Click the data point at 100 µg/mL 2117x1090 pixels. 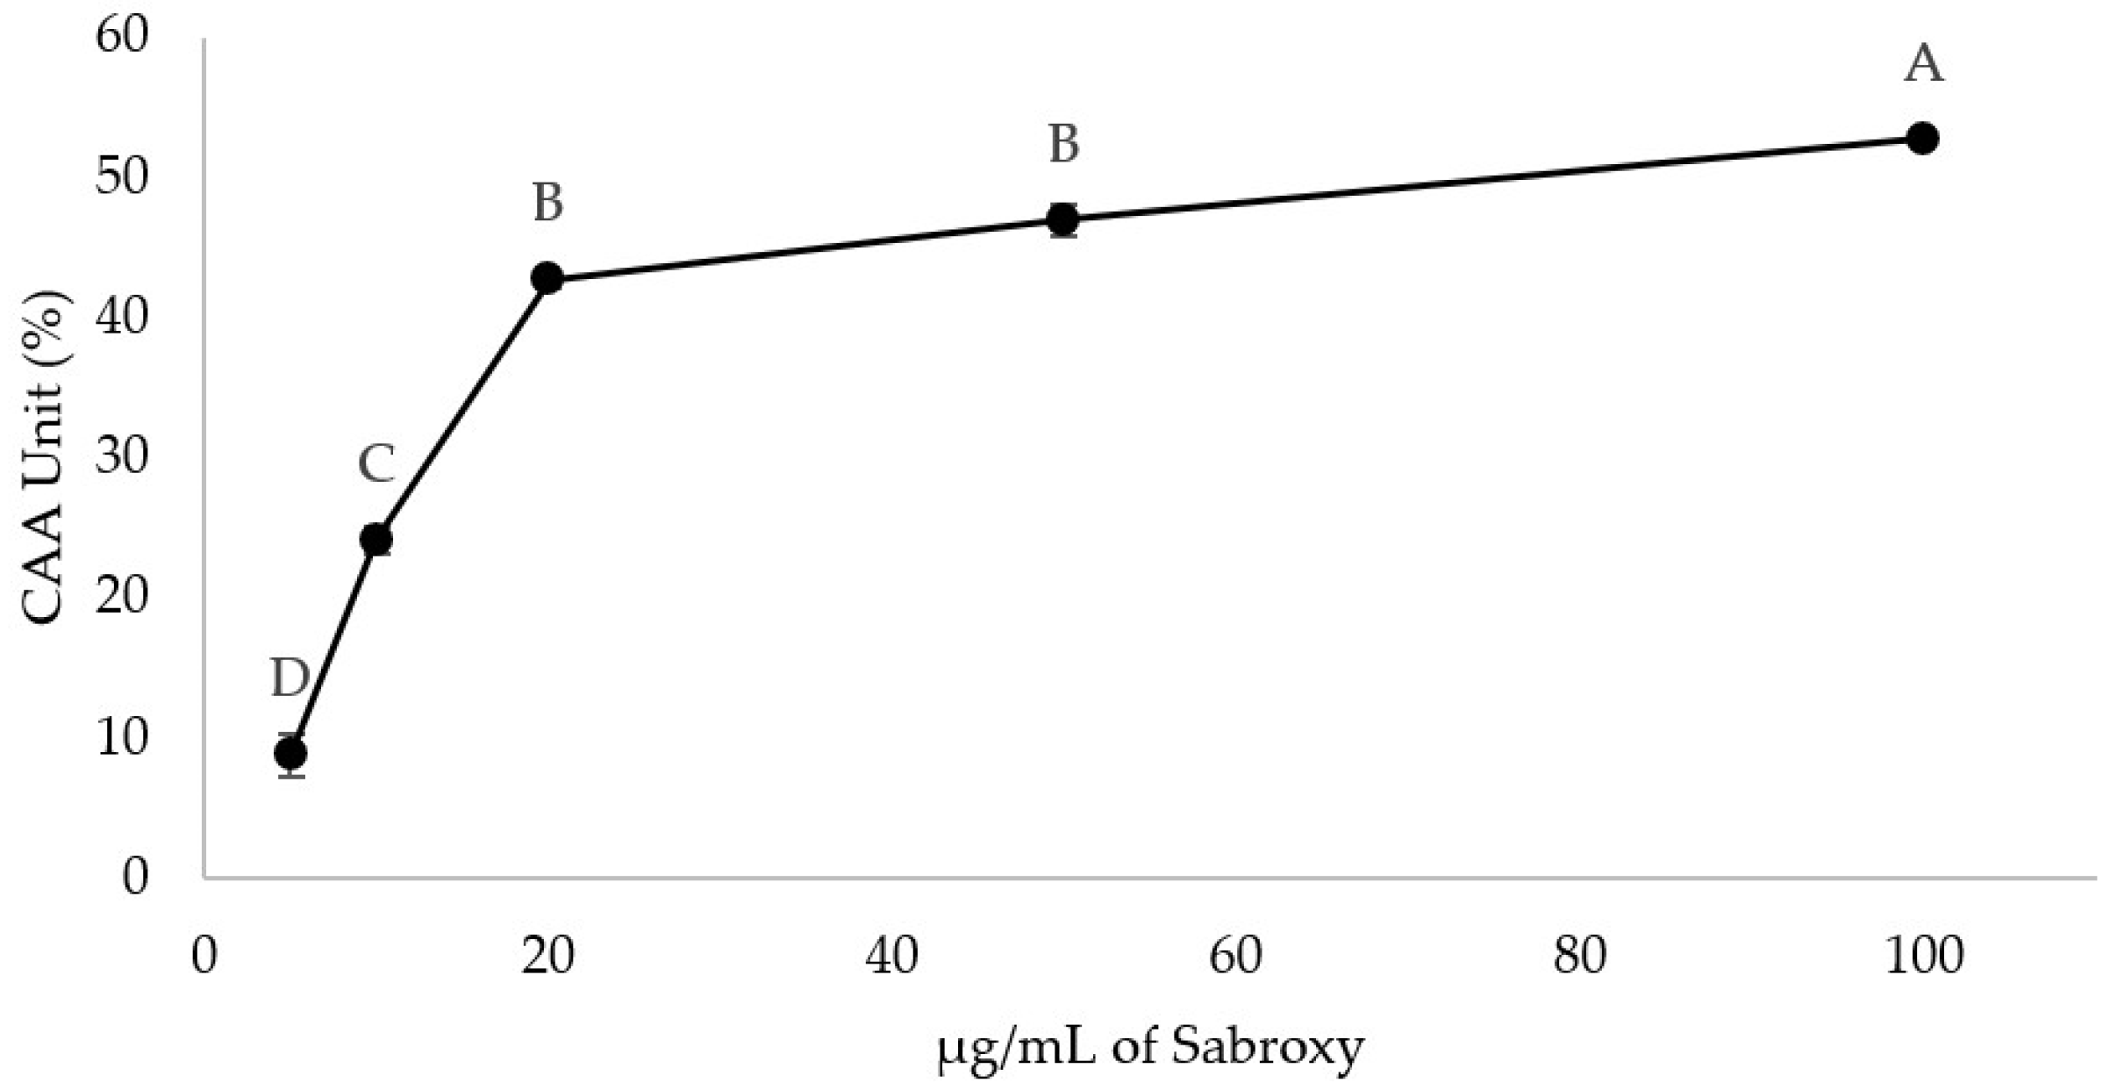(x=1921, y=138)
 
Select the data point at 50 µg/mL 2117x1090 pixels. (x=1062, y=219)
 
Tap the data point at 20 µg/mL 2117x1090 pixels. (x=547, y=278)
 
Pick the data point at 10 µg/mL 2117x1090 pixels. (x=376, y=539)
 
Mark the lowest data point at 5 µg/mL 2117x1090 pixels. (x=290, y=753)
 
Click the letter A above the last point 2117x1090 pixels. (x=1923, y=64)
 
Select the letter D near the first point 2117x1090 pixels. (x=290, y=678)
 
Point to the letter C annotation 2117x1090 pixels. (x=376, y=464)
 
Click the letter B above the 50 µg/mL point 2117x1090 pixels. (x=1063, y=145)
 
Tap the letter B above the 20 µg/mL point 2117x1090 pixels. (x=547, y=203)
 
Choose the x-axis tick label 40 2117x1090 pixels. (x=891, y=955)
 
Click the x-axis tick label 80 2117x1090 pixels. (x=1578, y=955)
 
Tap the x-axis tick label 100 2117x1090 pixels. (x=1923, y=955)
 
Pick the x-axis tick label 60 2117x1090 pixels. (x=1234, y=955)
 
